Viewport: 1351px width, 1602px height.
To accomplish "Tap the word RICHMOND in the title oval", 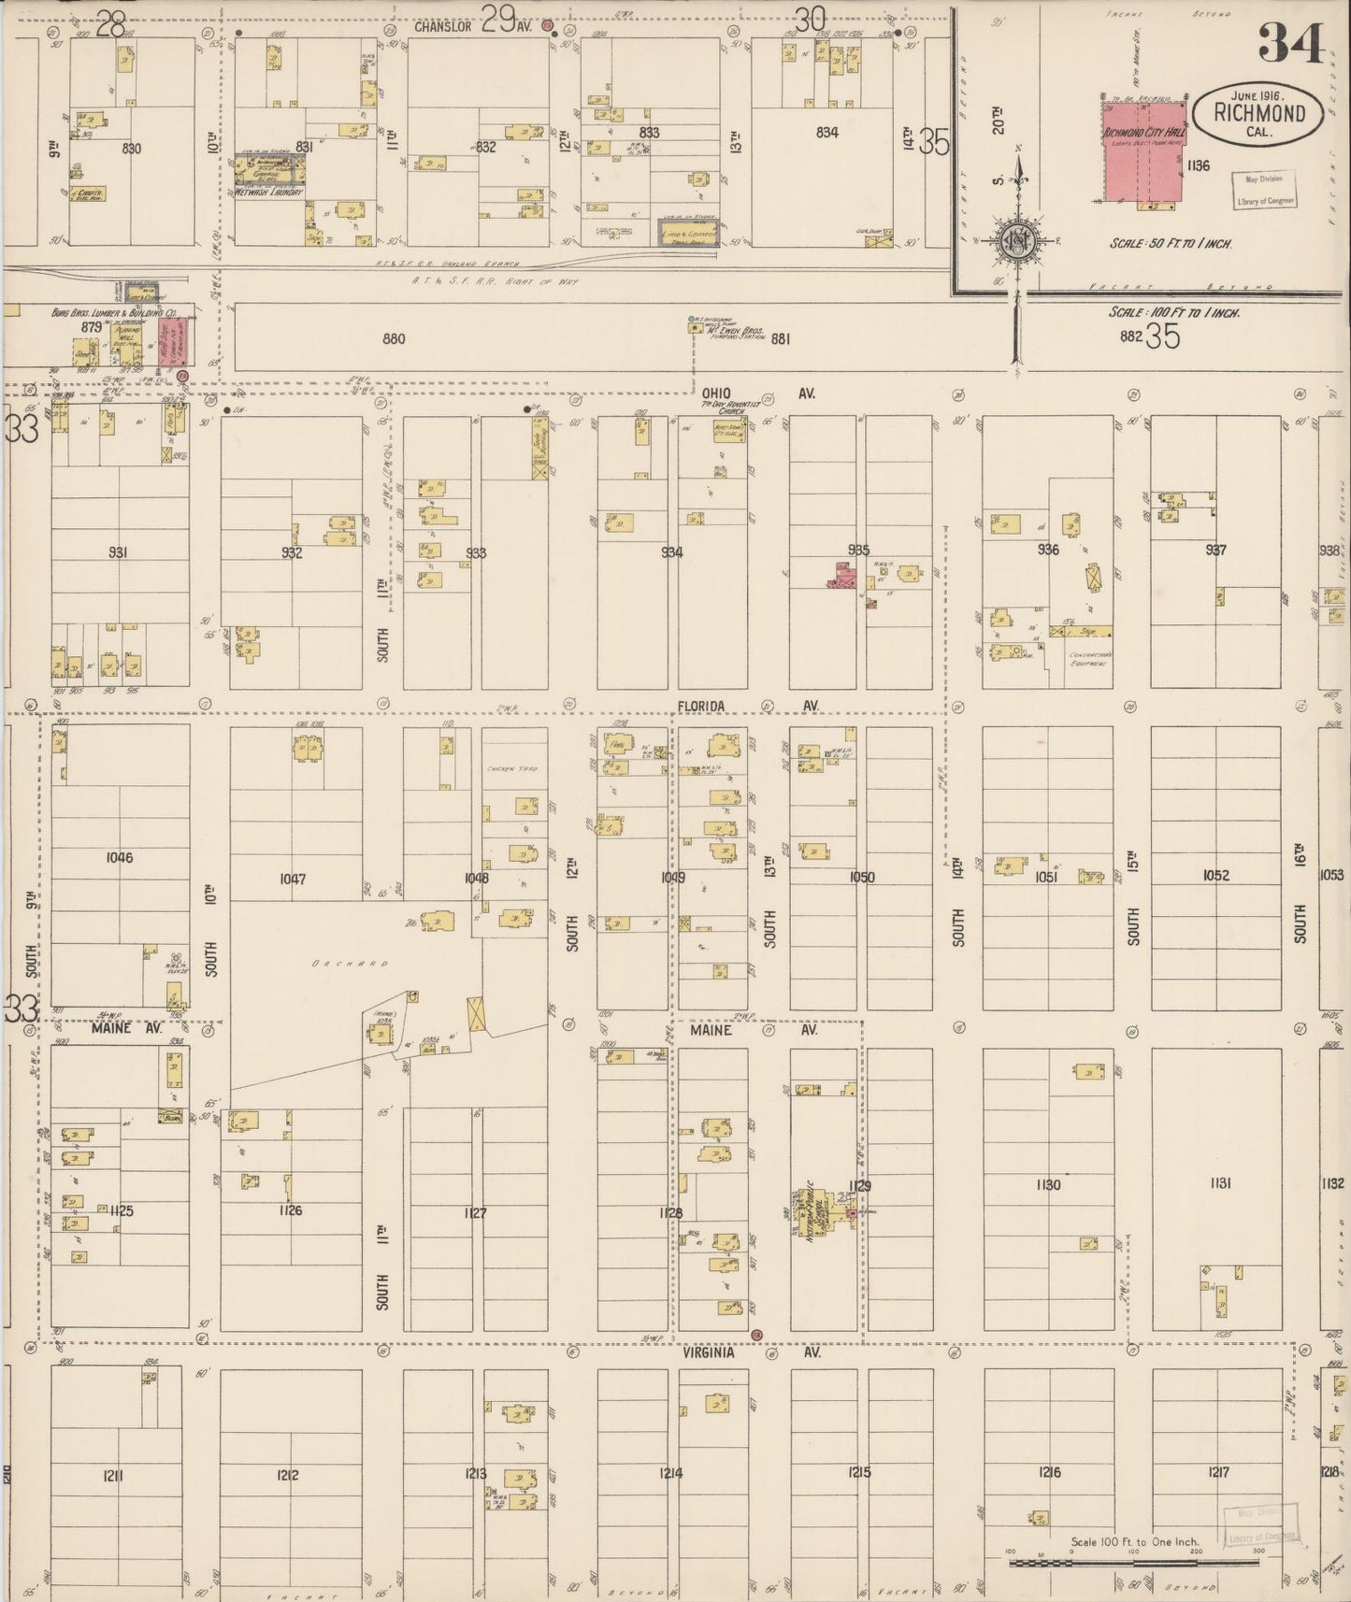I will pyautogui.click(x=1258, y=114).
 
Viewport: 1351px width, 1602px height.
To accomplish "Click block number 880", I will pyautogui.click(x=394, y=338).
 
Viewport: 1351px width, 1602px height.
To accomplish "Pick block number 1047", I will pyautogui.click(x=293, y=879).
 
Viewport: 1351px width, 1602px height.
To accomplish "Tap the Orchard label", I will pyautogui.click(x=337, y=963).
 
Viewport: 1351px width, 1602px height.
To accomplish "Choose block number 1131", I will pyautogui.click(x=1219, y=1183).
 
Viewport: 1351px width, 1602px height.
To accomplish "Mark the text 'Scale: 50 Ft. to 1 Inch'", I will pyautogui.click(x=1171, y=243).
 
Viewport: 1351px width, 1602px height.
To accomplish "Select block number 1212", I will pyautogui.click(x=287, y=1476).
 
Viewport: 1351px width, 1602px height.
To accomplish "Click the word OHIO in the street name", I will pyautogui.click(x=717, y=393).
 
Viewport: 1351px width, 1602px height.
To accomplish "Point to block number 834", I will pyautogui.click(x=826, y=133).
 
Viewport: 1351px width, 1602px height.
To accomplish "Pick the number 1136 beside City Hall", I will pyautogui.click(x=1198, y=165).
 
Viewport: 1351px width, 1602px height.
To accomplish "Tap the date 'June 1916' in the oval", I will pyautogui.click(x=1258, y=95).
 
